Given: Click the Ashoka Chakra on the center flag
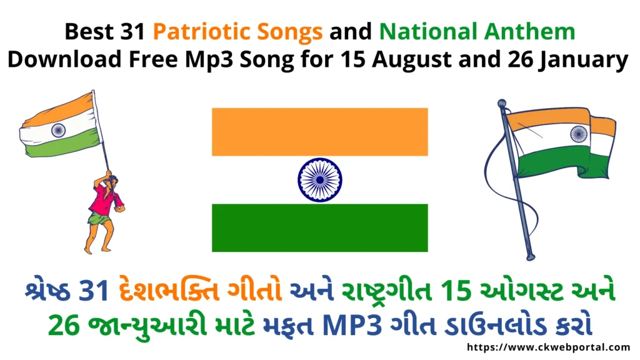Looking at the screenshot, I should click(x=319, y=180).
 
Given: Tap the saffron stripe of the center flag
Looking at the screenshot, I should click(x=319, y=132).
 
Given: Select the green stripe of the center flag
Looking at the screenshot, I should click(x=319, y=227).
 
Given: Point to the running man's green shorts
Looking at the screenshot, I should click(x=99, y=218).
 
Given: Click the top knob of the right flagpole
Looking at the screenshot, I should click(x=501, y=103).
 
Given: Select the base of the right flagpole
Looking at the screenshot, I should click(x=531, y=256).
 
